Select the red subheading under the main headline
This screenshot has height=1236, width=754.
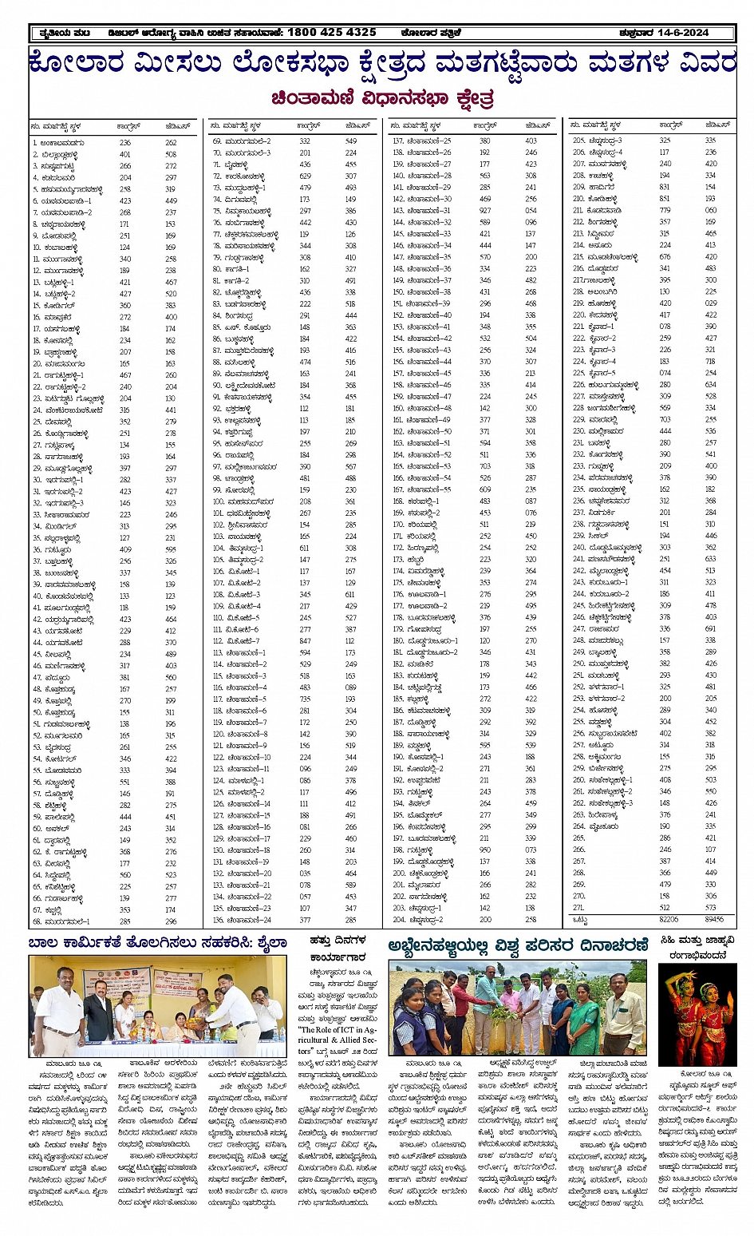click(382, 100)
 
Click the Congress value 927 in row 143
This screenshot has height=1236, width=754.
click(485, 211)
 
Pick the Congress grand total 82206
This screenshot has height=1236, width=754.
click(669, 920)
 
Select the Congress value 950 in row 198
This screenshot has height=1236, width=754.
click(485, 850)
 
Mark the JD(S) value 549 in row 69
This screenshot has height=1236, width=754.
click(351, 141)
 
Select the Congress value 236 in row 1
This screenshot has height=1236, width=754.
click(125, 143)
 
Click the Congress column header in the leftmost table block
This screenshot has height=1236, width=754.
click(128, 126)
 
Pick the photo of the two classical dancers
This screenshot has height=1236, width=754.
click(697, 1014)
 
